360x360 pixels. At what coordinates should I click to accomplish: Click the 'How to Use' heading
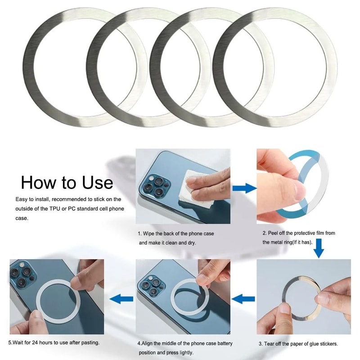67,182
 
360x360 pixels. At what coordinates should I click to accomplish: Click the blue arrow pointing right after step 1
244,188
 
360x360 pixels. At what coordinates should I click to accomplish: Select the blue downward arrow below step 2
319,248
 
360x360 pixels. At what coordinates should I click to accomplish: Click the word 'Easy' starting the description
22,199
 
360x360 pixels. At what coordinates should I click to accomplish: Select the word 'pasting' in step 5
89,342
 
